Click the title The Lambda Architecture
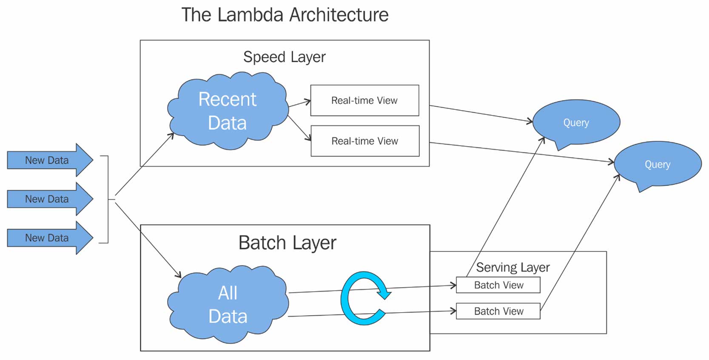click(285, 15)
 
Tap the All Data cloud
click(228, 305)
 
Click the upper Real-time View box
click(364, 100)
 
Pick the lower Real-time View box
click(365, 141)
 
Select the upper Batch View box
click(498, 285)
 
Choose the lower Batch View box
click(498, 311)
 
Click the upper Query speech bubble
click(576, 123)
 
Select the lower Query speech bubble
click(657, 164)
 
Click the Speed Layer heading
click(284, 57)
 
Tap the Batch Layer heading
click(287, 243)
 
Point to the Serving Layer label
click(513, 267)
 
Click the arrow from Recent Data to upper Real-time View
click(300, 103)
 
